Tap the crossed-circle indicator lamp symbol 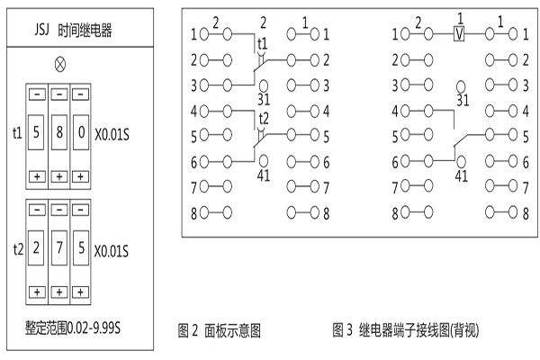(x=60, y=65)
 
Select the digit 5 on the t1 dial (x=37, y=133)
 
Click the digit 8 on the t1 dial (x=59, y=133)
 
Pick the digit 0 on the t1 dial (x=82, y=133)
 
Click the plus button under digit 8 (x=59, y=175)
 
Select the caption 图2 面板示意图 (x=219, y=330)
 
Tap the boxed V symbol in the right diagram (x=459, y=34)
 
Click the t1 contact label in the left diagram (x=263, y=43)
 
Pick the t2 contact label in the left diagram (x=263, y=118)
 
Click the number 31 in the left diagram (x=264, y=98)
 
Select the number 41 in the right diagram (x=462, y=175)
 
